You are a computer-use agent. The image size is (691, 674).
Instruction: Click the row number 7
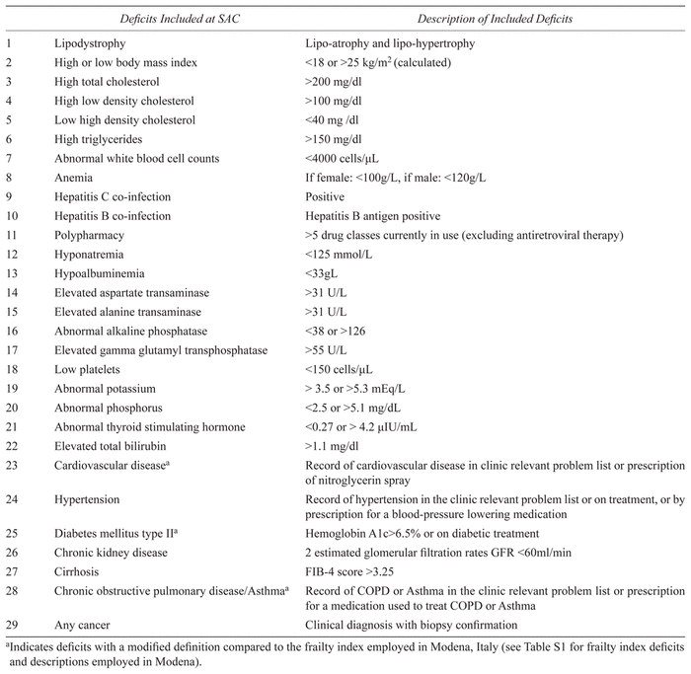pyautogui.click(x=9, y=158)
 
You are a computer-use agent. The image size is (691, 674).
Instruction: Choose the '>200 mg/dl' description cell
pyautogui.click(x=337, y=83)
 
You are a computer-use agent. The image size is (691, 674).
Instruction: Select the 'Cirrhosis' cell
pyautogui.click(x=78, y=569)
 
